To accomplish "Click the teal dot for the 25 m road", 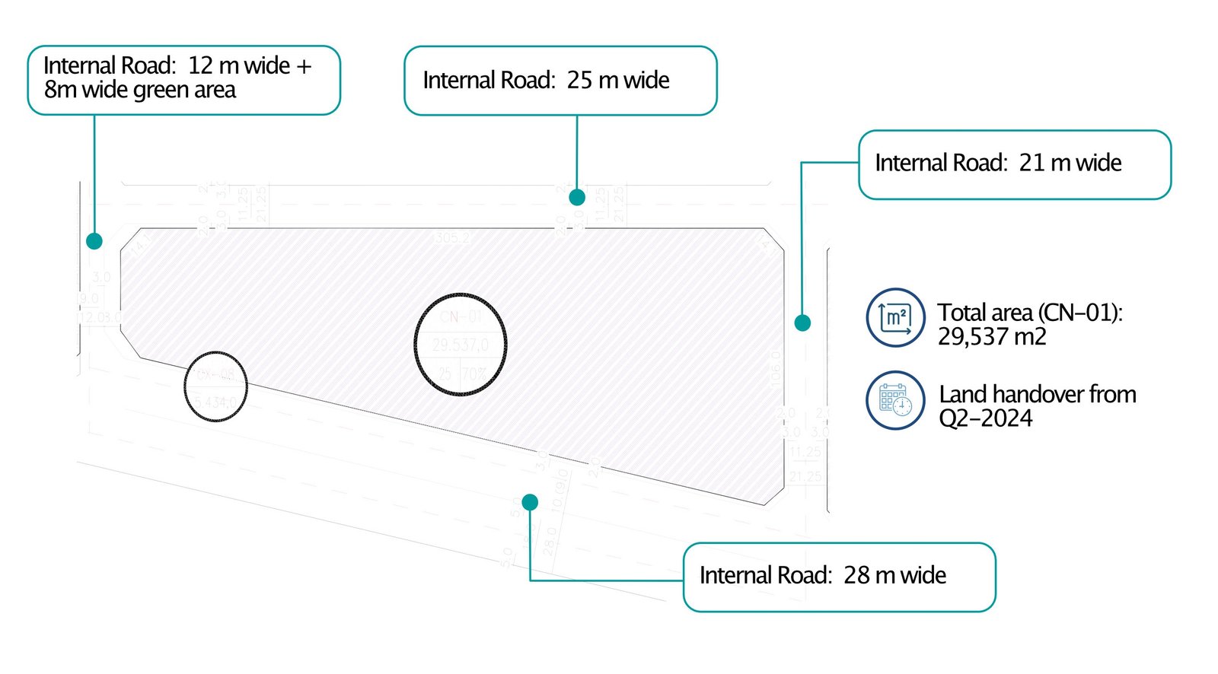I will pos(577,197).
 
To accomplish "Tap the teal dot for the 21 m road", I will pos(802,323).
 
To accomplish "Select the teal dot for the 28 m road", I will pos(530,502).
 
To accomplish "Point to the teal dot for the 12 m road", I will pos(94,241).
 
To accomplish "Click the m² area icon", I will pos(896,317).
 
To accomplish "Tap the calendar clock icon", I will pos(896,400).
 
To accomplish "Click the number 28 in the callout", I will pos(856,575).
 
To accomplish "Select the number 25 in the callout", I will pos(579,80).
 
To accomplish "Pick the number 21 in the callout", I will pos(1031,163).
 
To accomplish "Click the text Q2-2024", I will pos(985,418).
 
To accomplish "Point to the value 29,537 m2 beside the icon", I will pos(991,336).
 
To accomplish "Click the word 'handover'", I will pos(1038,394).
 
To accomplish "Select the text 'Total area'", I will pos(985,313).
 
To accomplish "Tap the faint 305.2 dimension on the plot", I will pos(452,238).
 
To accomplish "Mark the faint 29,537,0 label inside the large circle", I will pos(461,345).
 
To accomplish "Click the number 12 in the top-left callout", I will pos(200,65).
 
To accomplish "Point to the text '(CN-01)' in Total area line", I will pos(1079,313).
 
